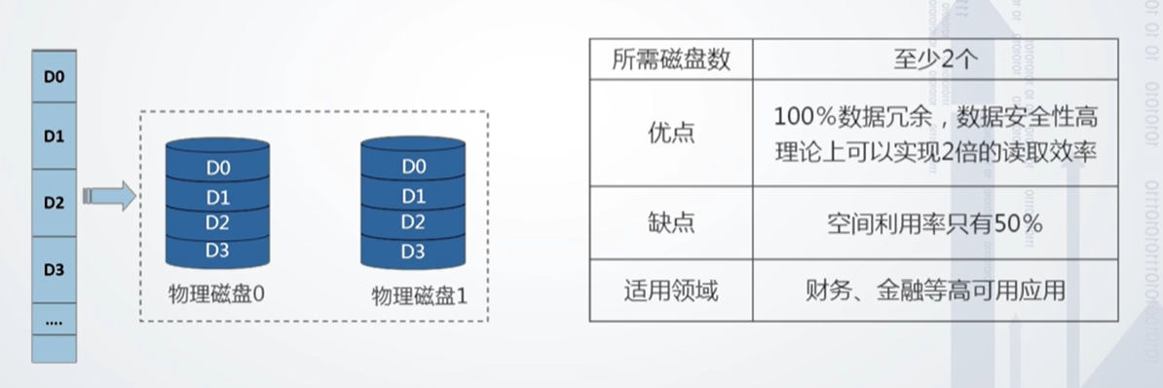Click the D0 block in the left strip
(x=54, y=76)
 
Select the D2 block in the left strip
(x=54, y=203)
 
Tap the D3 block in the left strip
(x=54, y=270)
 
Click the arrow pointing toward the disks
(x=109, y=196)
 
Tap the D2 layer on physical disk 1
(x=413, y=222)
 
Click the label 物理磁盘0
(x=216, y=295)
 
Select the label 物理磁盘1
(x=420, y=296)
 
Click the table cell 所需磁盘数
(x=671, y=59)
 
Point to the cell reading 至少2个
(x=934, y=59)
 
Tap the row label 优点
(x=671, y=134)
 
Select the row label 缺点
(x=671, y=223)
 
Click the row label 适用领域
(x=671, y=291)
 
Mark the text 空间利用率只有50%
(x=934, y=223)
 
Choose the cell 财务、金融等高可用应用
(x=934, y=291)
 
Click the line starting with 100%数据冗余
(x=935, y=117)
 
